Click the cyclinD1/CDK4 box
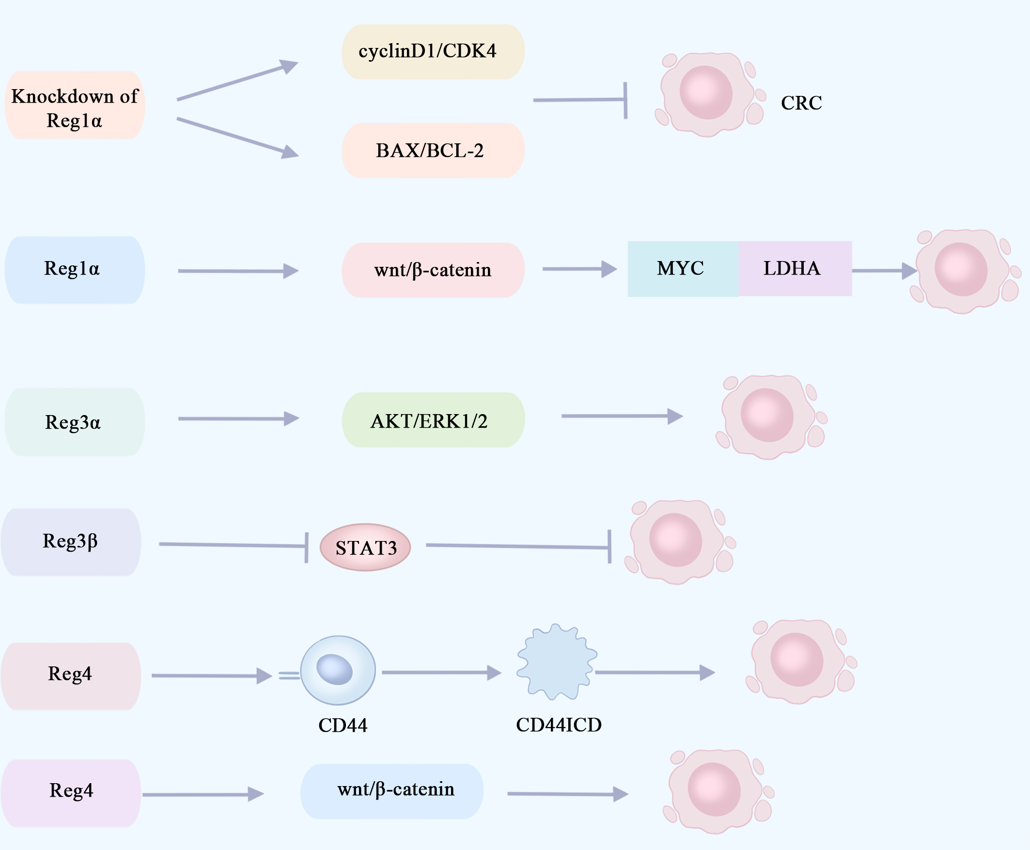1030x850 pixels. pyautogui.click(x=433, y=52)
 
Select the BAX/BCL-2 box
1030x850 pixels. pyautogui.click(x=433, y=150)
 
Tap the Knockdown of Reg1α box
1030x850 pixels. pyautogui.click(x=75, y=105)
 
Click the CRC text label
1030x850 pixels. pyautogui.click(x=801, y=103)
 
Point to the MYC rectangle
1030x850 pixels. pyautogui.click(x=683, y=269)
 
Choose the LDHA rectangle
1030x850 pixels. pyautogui.click(x=795, y=269)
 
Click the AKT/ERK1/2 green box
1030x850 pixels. pyautogui.click(x=433, y=420)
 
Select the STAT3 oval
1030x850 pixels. pyautogui.click(x=365, y=547)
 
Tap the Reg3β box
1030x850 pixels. pyautogui.click(x=71, y=542)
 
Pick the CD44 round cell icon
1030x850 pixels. pyautogui.click(x=338, y=670)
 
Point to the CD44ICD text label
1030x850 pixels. pyautogui.click(x=558, y=725)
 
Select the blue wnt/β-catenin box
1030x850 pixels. pyautogui.click(x=392, y=791)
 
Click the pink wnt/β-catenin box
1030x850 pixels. pyautogui.click(x=433, y=270)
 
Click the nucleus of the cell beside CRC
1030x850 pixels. pyautogui.click(x=706, y=93)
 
